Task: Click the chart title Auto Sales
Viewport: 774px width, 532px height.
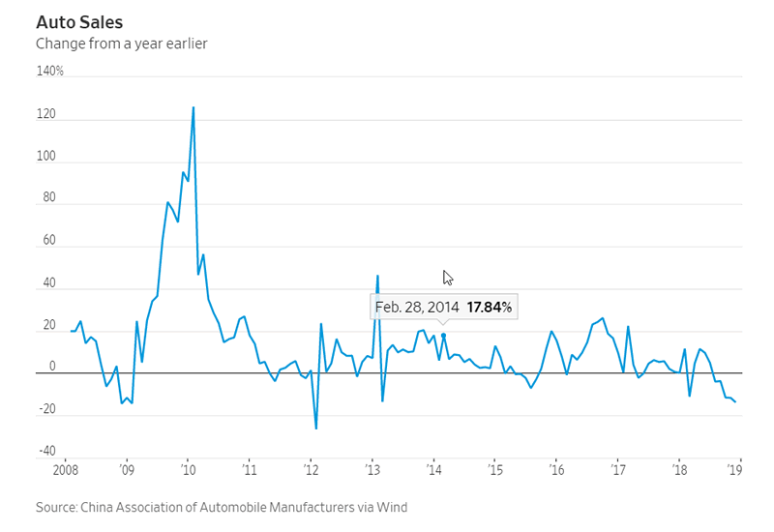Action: click(x=78, y=21)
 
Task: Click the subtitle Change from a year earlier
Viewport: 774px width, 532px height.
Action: click(x=121, y=44)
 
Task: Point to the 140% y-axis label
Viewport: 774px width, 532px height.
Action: click(x=49, y=72)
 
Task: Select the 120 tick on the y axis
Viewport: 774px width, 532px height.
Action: click(x=47, y=115)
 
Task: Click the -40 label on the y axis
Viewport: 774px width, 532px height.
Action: click(x=47, y=451)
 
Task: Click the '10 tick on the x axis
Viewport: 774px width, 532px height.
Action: click(x=188, y=472)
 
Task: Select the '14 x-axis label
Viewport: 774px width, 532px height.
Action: click(x=435, y=472)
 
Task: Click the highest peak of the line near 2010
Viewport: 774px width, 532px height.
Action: click(x=193, y=107)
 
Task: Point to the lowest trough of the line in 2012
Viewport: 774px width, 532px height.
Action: click(x=315, y=428)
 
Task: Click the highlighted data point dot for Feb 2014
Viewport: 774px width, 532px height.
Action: click(x=443, y=336)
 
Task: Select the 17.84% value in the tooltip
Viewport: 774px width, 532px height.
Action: click(x=490, y=308)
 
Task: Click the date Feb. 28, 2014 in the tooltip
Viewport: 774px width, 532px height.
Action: click(x=417, y=308)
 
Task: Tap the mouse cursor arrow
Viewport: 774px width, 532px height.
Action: click(x=448, y=278)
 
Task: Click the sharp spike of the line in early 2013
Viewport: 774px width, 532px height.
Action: click(x=377, y=276)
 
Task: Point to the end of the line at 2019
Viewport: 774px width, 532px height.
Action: click(x=735, y=401)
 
